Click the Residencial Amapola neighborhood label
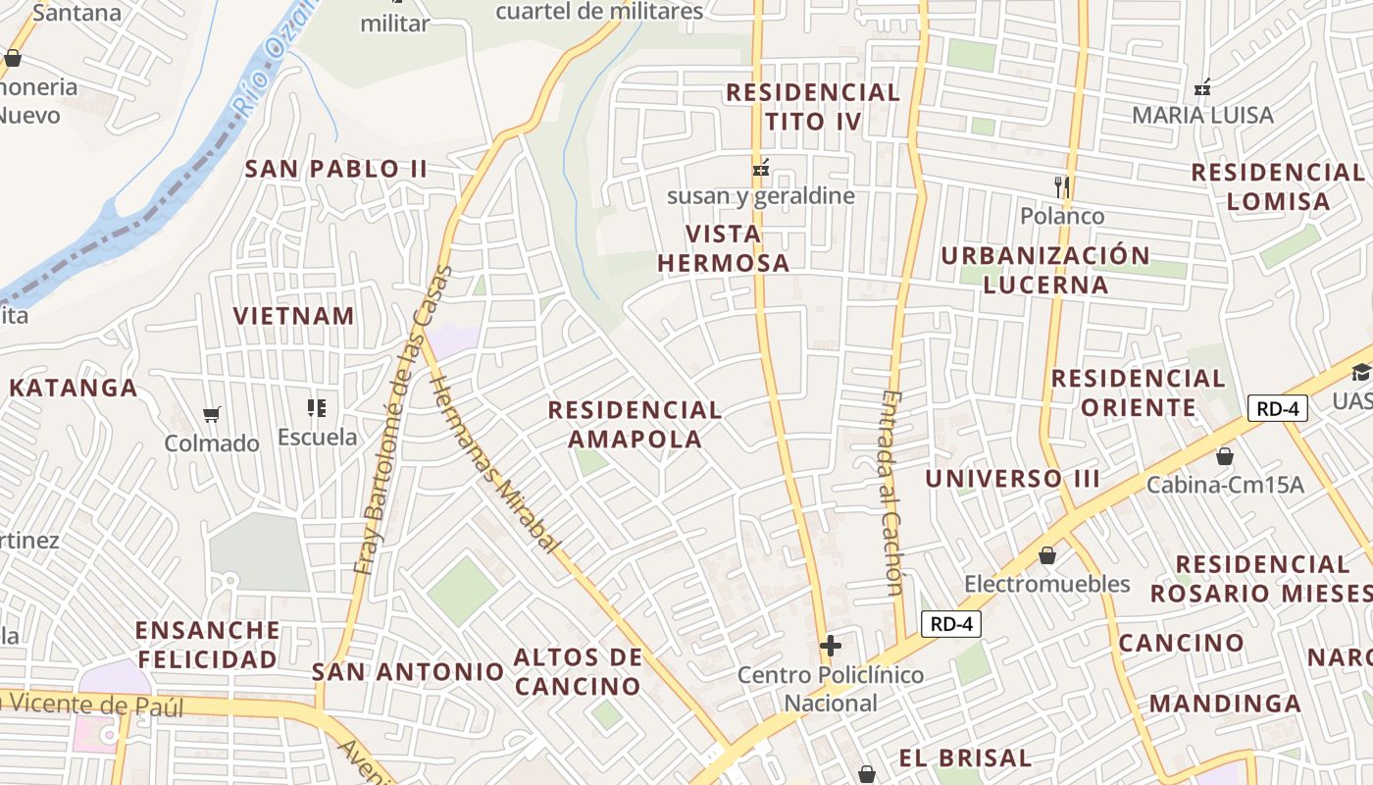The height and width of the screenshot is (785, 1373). click(635, 424)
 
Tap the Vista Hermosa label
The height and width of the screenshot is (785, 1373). click(723, 248)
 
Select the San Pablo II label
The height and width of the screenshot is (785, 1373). click(335, 169)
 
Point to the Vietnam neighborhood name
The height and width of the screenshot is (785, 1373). click(293, 316)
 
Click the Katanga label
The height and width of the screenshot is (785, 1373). click(74, 388)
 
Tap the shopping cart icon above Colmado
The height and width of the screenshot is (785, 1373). click(211, 414)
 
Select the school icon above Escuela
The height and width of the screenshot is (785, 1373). click(316, 407)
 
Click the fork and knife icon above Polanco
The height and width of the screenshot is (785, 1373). click(1061, 186)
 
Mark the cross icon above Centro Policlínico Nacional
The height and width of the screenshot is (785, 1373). click(831, 646)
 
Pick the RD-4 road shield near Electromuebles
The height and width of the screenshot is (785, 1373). click(950, 623)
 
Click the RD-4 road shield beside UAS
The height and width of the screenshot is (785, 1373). click(1278, 408)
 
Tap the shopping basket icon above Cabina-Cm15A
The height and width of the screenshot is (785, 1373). click(1224, 456)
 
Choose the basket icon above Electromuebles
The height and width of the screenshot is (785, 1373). click(1047, 556)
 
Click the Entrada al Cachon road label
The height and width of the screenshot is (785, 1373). click(891, 493)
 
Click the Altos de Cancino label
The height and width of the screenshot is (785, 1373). click(578, 671)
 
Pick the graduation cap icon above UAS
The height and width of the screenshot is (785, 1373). click(1360, 372)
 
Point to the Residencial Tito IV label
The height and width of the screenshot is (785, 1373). click(812, 107)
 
